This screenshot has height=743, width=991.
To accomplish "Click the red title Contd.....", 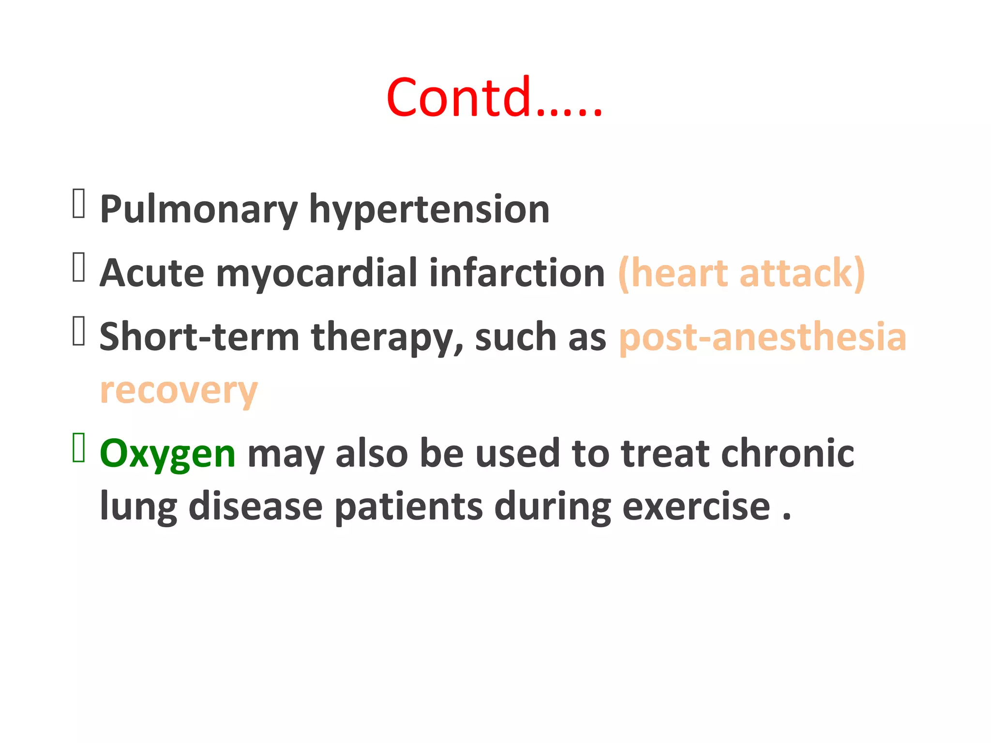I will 494,98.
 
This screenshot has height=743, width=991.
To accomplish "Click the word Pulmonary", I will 198,210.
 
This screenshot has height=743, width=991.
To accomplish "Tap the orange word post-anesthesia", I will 763,337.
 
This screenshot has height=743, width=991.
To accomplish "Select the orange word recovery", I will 179,391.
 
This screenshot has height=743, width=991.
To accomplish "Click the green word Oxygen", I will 167,454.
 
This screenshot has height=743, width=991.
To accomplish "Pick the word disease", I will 255,506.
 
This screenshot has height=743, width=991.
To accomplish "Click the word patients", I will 408,507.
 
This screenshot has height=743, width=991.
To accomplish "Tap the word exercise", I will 696,506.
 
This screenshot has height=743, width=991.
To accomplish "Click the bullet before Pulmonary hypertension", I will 79,204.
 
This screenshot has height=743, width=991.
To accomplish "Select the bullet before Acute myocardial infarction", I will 79,267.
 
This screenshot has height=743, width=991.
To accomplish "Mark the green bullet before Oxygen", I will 79,448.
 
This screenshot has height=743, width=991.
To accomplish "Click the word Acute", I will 152,273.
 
